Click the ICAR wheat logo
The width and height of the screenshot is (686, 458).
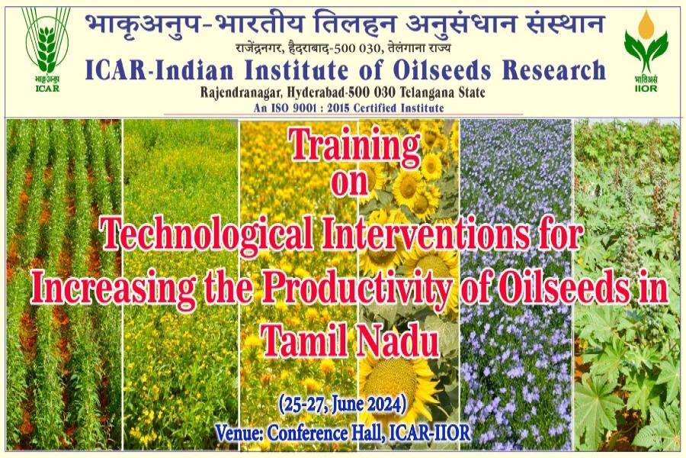click(x=46, y=49)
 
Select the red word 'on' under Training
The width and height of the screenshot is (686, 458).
click(x=350, y=182)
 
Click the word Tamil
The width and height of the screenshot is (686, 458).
click(x=306, y=341)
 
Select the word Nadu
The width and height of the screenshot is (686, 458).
click(x=398, y=341)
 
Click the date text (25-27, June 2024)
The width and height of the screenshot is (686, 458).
click(x=342, y=404)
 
